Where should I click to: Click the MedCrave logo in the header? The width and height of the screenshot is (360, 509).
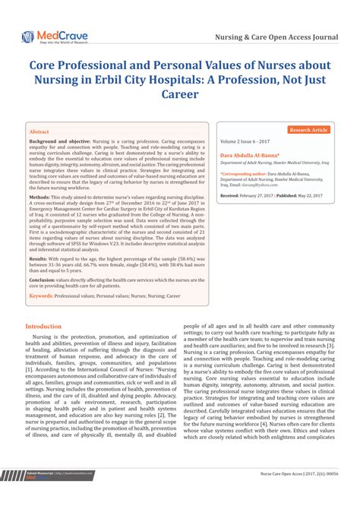(54, 36)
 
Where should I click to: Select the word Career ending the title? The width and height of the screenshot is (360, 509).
(179, 95)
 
